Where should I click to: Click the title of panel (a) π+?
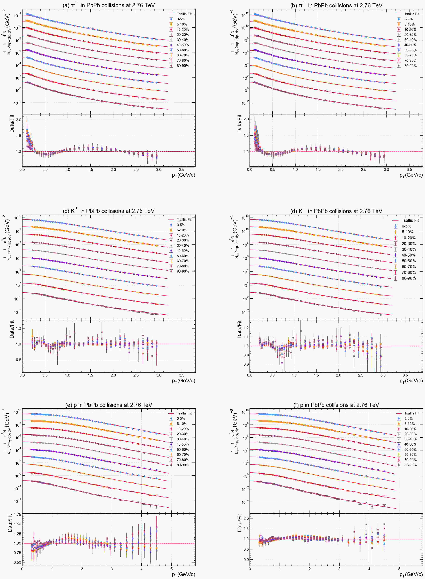click(x=109, y=5)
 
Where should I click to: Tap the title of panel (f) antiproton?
click(x=336, y=405)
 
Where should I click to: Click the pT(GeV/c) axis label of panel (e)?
click(x=183, y=574)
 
